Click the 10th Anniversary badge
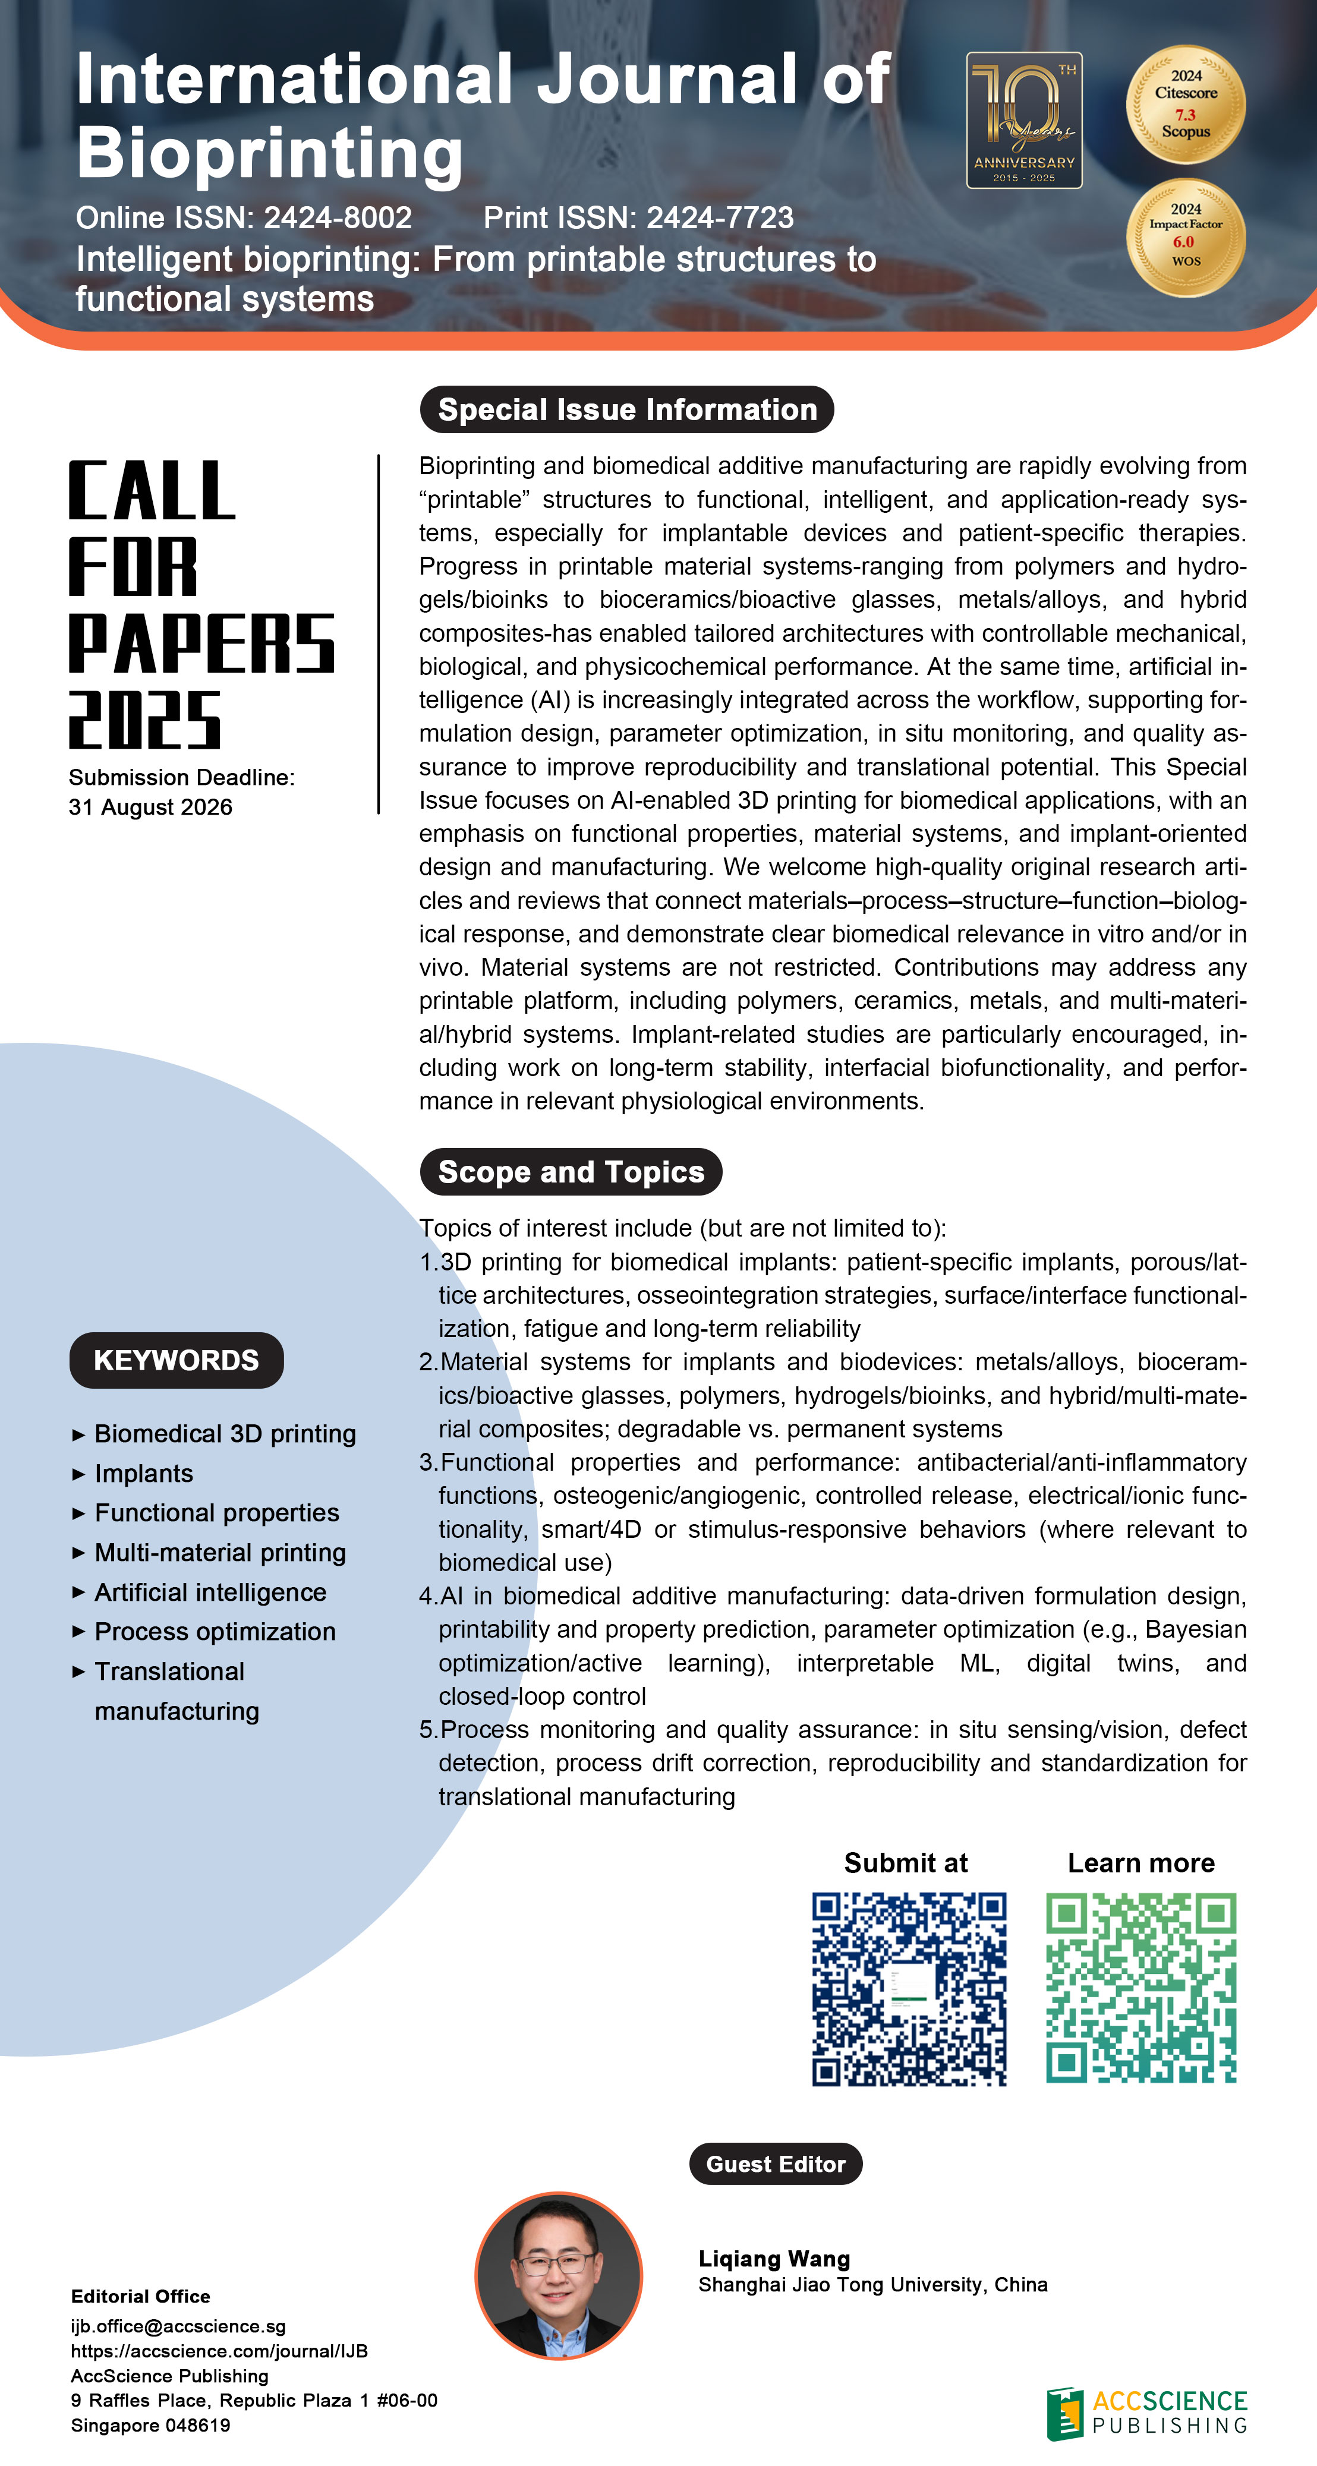(x=1023, y=121)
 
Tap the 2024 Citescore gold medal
(x=1185, y=105)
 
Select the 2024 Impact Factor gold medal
(x=1185, y=238)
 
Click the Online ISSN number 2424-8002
(x=338, y=218)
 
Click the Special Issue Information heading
(x=627, y=410)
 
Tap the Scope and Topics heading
(x=571, y=1172)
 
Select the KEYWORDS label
(x=176, y=1360)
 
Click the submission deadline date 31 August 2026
(x=150, y=807)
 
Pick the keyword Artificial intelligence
(x=210, y=1592)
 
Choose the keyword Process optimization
(x=215, y=1631)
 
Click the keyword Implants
(x=144, y=1473)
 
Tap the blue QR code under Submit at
(x=909, y=1988)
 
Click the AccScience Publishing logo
(x=1146, y=2413)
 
